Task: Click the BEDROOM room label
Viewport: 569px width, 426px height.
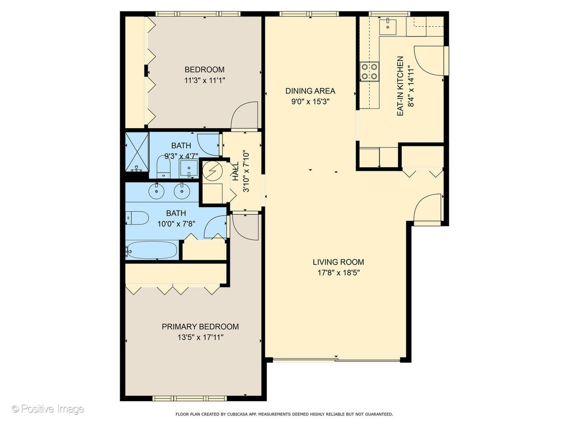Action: [204, 70]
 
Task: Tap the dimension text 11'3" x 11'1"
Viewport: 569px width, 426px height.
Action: [204, 80]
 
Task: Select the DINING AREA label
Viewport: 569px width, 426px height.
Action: [310, 91]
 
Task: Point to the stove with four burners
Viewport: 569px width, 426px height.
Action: [369, 72]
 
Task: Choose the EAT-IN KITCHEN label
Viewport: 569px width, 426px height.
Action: [400, 86]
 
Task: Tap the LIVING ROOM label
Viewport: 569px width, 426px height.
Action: [338, 262]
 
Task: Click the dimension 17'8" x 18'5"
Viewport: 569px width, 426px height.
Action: [339, 273]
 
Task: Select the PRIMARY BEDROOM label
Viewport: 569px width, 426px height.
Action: [200, 327]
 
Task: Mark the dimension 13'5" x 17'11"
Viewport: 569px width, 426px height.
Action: [200, 337]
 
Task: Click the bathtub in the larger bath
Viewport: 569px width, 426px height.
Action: [151, 250]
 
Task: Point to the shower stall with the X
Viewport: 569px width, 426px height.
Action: [137, 152]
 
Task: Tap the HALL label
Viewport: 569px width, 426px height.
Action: [235, 171]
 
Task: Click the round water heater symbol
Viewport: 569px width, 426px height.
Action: [212, 171]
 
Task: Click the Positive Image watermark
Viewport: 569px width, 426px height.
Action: [48, 409]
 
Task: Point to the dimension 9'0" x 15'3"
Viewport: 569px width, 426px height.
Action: [310, 102]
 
